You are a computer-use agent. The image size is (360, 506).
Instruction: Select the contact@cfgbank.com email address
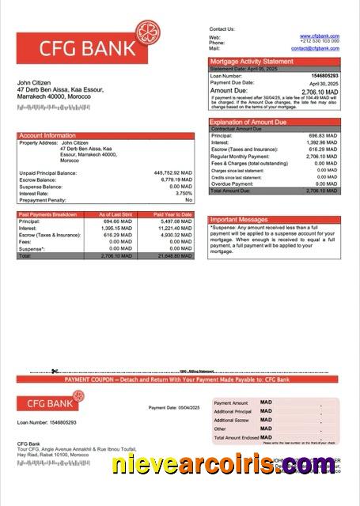pyautogui.click(x=315, y=48)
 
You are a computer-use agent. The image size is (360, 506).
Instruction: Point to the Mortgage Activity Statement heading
pyautogui.click(x=251, y=61)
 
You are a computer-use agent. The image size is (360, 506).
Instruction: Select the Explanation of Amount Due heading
pyautogui.click(x=248, y=122)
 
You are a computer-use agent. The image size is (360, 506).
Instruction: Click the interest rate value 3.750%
pyautogui.click(x=184, y=193)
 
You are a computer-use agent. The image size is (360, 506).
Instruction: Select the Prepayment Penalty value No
pyautogui.click(x=188, y=200)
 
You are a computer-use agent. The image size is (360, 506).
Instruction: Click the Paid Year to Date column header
pyautogui.click(x=172, y=214)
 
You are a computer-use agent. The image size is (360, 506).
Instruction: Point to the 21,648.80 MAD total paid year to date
pyautogui.click(x=174, y=256)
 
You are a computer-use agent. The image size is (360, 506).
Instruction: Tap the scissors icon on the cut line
pyautogui.click(x=55, y=371)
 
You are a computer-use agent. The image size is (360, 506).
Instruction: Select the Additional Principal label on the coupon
pyautogui.click(x=233, y=411)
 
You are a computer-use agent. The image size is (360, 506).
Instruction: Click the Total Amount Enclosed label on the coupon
pyautogui.click(x=237, y=437)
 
